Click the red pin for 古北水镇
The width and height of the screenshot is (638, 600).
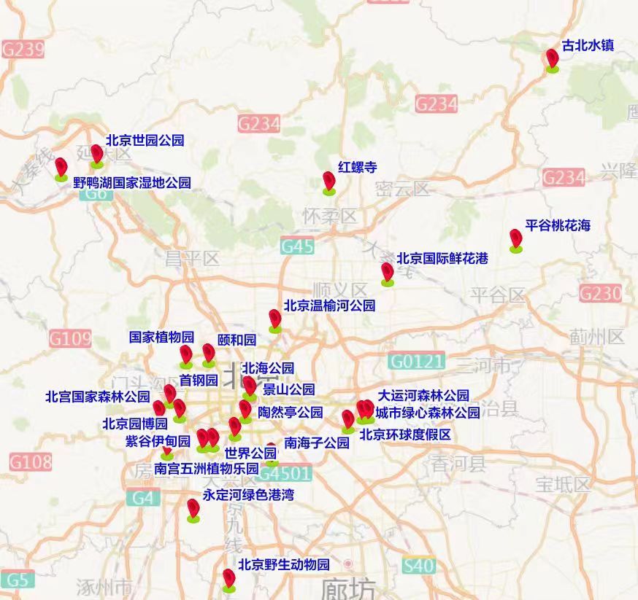pyautogui.click(x=553, y=58)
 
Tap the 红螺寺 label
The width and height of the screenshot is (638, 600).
pyautogui.click(x=358, y=167)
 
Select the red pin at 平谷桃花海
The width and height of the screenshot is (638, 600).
pyautogui.click(x=515, y=238)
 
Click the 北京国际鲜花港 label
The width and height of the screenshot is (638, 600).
pyautogui.click(x=442, y=258)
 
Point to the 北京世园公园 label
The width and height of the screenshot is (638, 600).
pyautogui.click(x=145, y=140)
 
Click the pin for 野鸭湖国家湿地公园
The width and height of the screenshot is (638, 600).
pyautogui.click(x=61, y=167)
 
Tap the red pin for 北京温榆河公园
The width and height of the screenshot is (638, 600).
pyautogui.click(x=274, y=319)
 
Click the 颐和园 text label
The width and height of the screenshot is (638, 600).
pyautogui.click(x=237, y=340)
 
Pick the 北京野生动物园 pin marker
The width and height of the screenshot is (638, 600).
pyautogui.click(x=229, y=579)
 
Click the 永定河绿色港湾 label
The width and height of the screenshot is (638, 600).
pyautogui.click(x=247, y=495)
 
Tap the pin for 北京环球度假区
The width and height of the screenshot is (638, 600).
pyautogui.click(x=348, y=420)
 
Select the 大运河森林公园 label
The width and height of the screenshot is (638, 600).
pyautogui.click(x=423, y=396)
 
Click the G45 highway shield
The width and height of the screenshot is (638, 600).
pyautogui.click(x=297, y=246)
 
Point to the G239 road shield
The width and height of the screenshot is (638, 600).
pyautogui.click(x=23, y=50)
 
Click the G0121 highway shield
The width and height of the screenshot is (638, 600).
pyautogui.click(x=416, y=361)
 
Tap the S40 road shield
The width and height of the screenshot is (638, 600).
pyautogui.click(x=418, y=566)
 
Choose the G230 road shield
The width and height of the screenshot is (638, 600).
pyautogui.click(x=601, y=293)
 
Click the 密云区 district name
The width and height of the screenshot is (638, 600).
pyautogui.click(x=402, y=190)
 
